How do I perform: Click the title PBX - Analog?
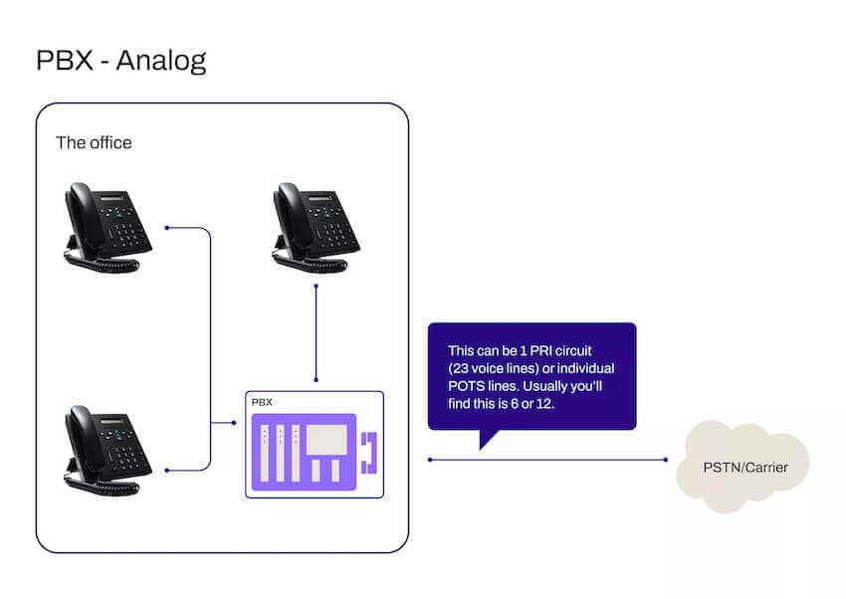click(121, 60)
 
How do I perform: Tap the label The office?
click(94, 142)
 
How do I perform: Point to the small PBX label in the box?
click(262, 403)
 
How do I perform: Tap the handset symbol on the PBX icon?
click(370, 452)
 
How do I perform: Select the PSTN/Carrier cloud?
click(741, 465)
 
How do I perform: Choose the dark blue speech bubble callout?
click(531, 376)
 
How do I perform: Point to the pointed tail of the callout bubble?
click(484, 444)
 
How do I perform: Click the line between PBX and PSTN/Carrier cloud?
click(547, 460)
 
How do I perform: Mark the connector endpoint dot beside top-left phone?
click(167, 228)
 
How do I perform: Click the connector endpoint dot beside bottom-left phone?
click(167, 470)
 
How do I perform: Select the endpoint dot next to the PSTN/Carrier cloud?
click(666, 460)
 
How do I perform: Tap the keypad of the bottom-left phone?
click(126, 455)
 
